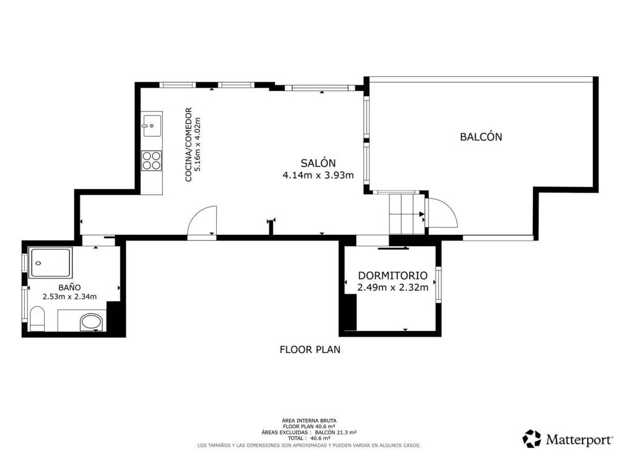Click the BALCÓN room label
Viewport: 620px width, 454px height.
pyautogui.click(x=481, y=136)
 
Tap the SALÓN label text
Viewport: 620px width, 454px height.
pyautogui.click(x=318, y=163)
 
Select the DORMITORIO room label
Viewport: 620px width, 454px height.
pyautogui.click(x=392, y=275)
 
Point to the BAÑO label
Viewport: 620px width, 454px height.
pyautogui.click(x=70, y=288)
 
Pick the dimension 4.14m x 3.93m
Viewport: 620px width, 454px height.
pyautogui.click(x=318, y=175)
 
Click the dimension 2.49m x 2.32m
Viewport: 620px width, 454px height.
pyautogui.click(x=392, y=288)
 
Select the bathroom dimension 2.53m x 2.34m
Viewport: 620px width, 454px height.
pyautogui.click(x=70, y=297)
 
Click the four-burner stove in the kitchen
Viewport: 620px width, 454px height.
pyautogui.click(x=152, y=160)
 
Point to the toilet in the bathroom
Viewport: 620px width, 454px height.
pyautogui.click(x=37, y=319)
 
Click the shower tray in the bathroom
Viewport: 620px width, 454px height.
pyautogui.click(x=51, y=263)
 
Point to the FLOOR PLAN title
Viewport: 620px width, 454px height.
pyautogui.click(x=310, y=350)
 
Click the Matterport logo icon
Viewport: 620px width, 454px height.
pyautogui.click(x=532, y=439)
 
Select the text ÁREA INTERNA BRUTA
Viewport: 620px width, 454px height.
pyautogui.click(x=309, y=421)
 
